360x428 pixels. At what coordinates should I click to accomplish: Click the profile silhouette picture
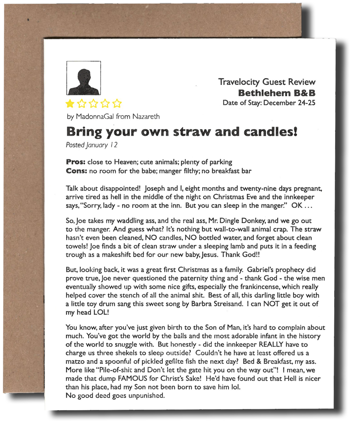pyautogui.click(x=84, y=78)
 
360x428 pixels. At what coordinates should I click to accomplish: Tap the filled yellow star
pyautogui.click(x=70, y=104)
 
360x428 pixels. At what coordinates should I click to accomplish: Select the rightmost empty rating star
pyautogui.click(x=117, y=104)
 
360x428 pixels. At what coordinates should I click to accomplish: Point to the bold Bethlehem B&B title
pyautogui.click(x=277, y=93)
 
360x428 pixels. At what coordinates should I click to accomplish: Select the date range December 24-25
pyautogui.click(x=289, y=103)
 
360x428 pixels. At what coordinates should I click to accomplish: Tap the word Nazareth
pyautogui.click(x=146, y=117)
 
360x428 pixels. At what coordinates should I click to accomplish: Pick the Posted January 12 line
pyautogui.click(x=91, y=145)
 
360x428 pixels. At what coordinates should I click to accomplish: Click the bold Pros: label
pyautogui.click(x=76, y=162)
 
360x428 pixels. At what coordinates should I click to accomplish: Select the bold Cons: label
pyautogui.click(x=77, y=171)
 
